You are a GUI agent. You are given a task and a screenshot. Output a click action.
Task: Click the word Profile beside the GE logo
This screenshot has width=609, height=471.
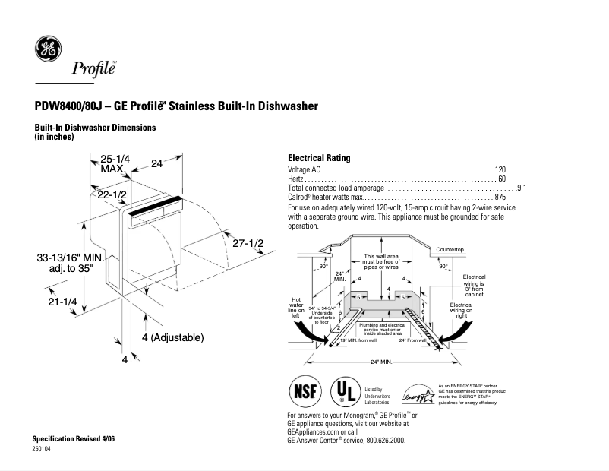(x=93, y=70)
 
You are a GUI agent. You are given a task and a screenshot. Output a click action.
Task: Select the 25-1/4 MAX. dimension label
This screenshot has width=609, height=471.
(x=115, y=163)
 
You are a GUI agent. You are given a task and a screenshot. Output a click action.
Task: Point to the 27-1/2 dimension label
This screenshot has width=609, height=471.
(x=248, y=243)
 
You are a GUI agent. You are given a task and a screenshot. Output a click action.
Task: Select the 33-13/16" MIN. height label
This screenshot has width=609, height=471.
(x=65, y=263)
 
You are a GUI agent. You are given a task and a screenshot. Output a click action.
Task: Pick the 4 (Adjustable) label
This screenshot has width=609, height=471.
(x=172, y=337)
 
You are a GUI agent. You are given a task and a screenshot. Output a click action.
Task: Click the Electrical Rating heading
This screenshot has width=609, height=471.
(x=319, y=158)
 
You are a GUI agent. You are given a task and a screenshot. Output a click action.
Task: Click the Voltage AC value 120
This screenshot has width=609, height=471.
(x=500, y=169)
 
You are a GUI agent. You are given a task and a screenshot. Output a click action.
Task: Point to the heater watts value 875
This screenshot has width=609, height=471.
(x=500, y=197)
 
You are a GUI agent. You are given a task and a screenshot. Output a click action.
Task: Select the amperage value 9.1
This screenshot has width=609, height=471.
(x=522, y=188)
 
